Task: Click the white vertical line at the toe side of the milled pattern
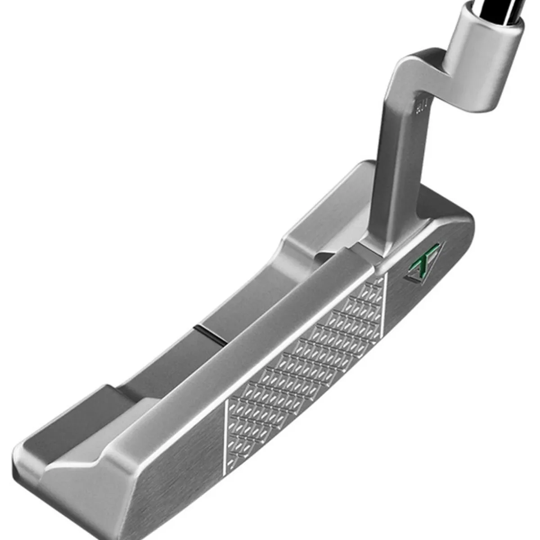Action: [225, 432]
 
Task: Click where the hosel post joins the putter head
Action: [387, 243]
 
